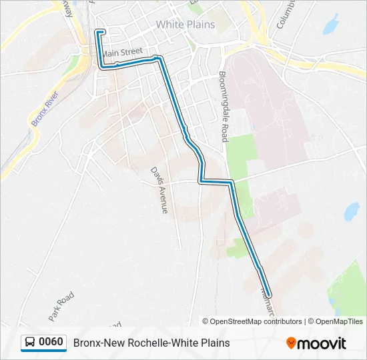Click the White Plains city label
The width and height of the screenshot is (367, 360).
pyautogui.click(x=186, y=25)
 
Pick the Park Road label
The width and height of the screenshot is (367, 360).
pyautogui.click(x=61, y=305)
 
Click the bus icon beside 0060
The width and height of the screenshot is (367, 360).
pyautogui.click(x=30, y=343)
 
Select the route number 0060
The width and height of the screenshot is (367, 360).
pyautogui.click(x=51, y=343)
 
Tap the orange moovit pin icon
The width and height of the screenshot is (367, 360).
pyautogui.click(x=292, y=343)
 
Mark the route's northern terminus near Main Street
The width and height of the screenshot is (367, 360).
pyautogui.click(x=101, y=31)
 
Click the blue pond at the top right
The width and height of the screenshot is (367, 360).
pyautogui.click(x=330, y=25)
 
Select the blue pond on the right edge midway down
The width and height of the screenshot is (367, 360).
pyautogui.click(x=350, y=212)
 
